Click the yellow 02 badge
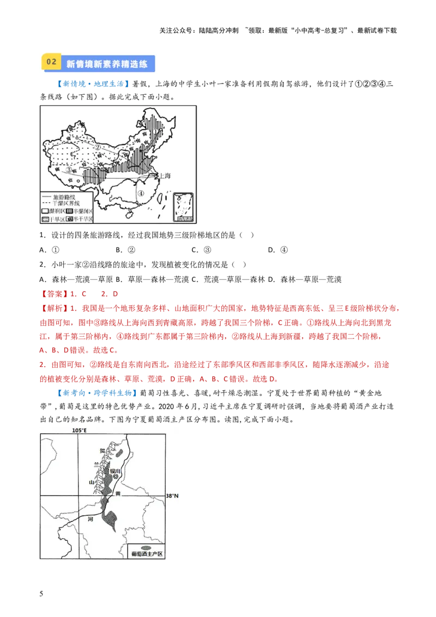tap(51, 62)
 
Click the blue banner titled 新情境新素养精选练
tap(107, 64)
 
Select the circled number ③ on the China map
tap(69, 170)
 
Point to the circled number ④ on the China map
tap(141, 193)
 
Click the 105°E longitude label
tap(80, 431)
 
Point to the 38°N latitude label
tap(172, 496)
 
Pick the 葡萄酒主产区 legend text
tap(147, 554)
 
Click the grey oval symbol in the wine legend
tap(146, 547)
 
